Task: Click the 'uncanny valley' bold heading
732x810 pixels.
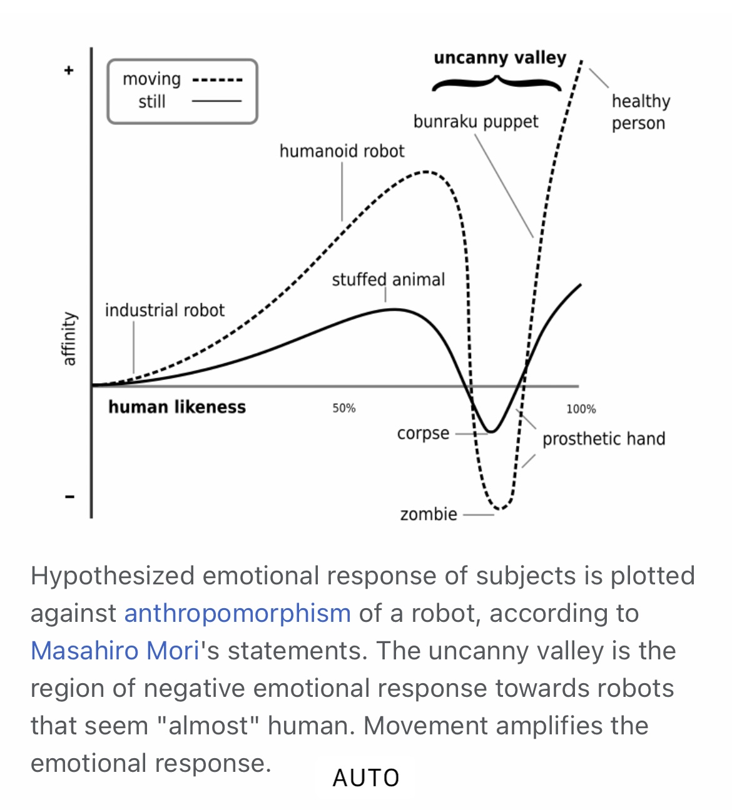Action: (500, 58)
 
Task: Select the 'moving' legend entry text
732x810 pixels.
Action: (151, 79)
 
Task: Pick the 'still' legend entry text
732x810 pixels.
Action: (152, 101)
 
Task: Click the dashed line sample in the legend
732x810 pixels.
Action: (218, 80)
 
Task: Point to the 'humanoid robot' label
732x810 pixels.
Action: (342, 151)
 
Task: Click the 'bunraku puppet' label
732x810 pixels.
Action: (475, 122)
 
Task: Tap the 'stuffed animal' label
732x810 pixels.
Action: (389, 279)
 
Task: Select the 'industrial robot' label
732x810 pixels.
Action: (165, 311)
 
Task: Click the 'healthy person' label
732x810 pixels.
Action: (641, 112)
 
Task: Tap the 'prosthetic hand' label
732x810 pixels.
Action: (604, 439)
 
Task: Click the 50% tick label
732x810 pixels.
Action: (344, 408)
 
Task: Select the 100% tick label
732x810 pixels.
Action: (581, 409)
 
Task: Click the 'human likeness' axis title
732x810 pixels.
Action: (177, 407)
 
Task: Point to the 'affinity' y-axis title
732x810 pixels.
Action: (69, 338)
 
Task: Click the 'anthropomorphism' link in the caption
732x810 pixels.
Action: (238, 613)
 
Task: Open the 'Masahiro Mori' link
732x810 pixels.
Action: (115, 651)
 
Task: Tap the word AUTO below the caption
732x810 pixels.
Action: (366, 778)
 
